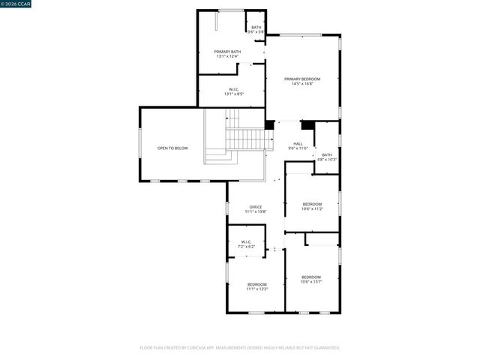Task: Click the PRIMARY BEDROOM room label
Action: (302, 79)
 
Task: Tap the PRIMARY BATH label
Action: (227, 52)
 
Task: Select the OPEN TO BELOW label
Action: (172, 148)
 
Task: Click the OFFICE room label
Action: (256, 206)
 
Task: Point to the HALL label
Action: (298, 143)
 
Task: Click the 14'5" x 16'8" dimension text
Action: (302, 84)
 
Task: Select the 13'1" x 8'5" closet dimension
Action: (233, 94)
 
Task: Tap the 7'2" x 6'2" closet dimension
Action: (247, 247)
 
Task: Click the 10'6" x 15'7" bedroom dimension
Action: (311, 282)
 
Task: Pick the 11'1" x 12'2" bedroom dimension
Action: (257, 289)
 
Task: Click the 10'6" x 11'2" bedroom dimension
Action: (312, 209)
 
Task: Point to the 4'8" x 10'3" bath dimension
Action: (327, 160)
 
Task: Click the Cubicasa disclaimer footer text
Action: (240, 347)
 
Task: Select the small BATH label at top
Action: (256, 28)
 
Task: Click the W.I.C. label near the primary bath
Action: (233, 89)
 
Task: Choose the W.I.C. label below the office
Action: (247, 241)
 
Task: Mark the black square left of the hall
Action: (269, 124)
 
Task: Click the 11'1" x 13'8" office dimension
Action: (256, 211)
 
